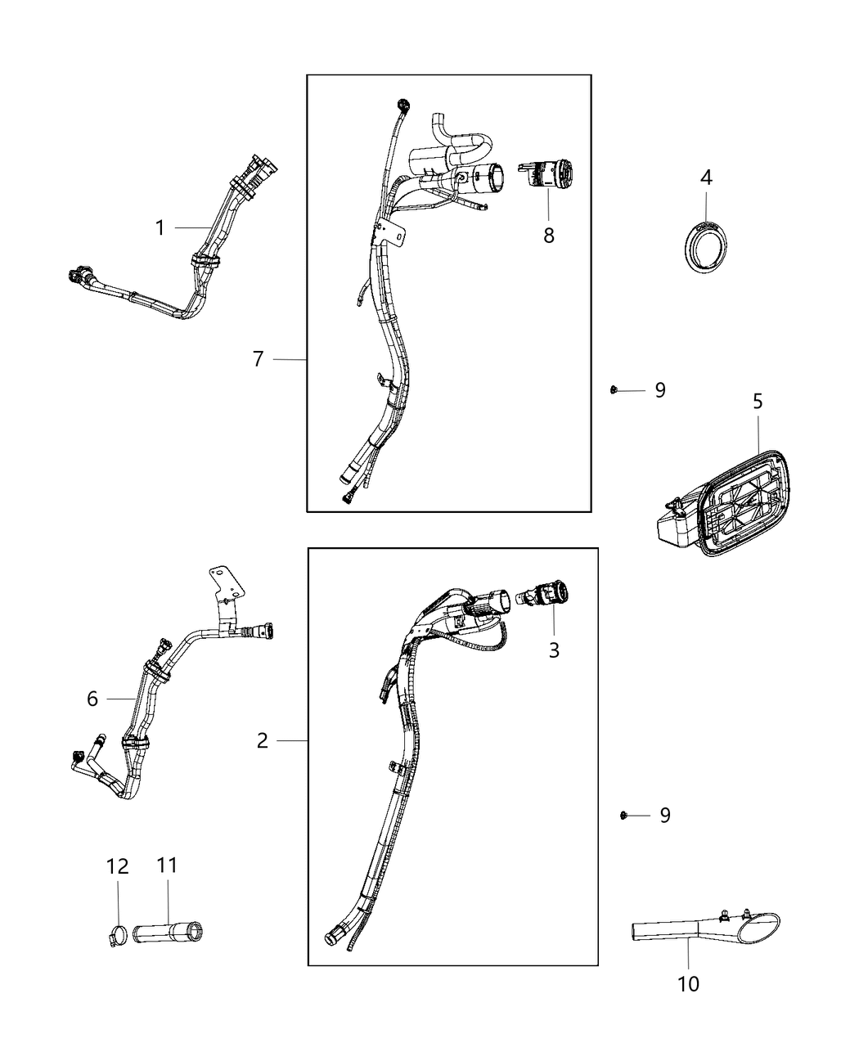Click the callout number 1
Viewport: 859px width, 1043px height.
160,227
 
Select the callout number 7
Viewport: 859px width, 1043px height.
259,359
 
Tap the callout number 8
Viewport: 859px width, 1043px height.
548,236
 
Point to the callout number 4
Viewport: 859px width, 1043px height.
706,178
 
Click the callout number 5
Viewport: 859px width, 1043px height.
758,402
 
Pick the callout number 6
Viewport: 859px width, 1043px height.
92,699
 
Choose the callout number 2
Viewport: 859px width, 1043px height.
262,740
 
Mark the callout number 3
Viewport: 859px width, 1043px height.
554,650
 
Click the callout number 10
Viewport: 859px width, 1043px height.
689,984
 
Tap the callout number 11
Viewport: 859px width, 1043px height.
167,865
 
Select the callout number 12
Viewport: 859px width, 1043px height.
118,865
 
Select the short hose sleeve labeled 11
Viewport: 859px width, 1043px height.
170,931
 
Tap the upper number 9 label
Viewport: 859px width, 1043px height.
660,391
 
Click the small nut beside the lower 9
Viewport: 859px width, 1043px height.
623,815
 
